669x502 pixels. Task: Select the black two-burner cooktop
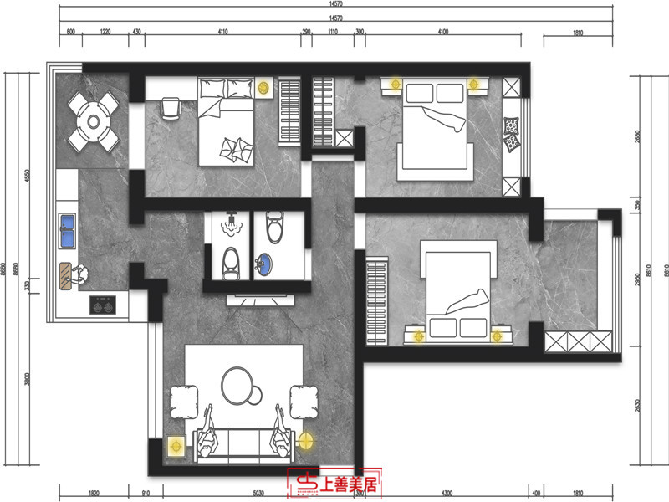(103, 306)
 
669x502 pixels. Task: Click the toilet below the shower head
(232, 262)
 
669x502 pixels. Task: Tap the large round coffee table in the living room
(241, 385)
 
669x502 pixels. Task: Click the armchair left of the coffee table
(183, 401)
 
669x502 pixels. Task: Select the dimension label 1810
(578, 32)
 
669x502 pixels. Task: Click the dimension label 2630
(637, 405)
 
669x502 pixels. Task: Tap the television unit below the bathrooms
(258, 296)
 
